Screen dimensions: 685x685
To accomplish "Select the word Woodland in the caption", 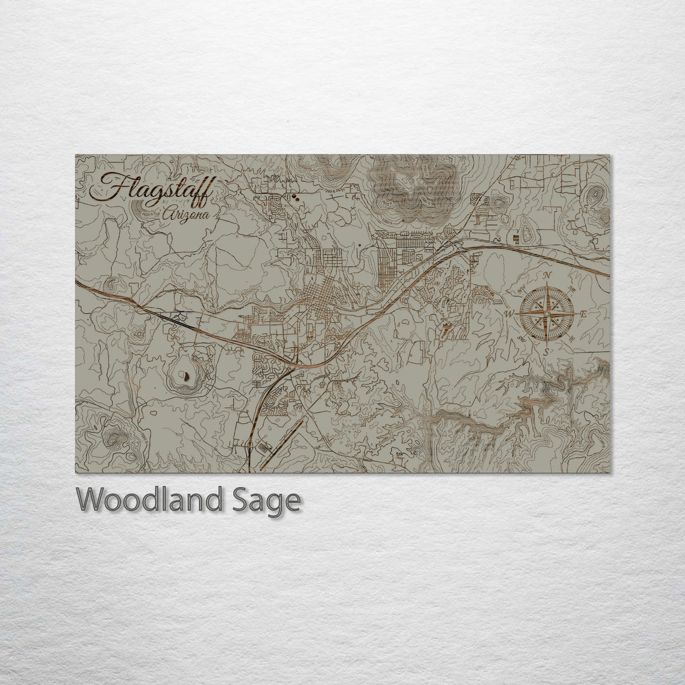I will [149, 500].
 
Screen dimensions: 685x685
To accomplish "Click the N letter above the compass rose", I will [547, 275].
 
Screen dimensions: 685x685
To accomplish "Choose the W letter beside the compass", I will [509, 314].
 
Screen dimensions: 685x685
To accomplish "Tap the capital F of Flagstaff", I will [109, 188].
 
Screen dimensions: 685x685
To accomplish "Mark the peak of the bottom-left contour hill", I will [114, 437].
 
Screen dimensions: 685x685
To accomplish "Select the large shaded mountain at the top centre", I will [415, 187].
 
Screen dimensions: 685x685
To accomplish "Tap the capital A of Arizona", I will [168, 214].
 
